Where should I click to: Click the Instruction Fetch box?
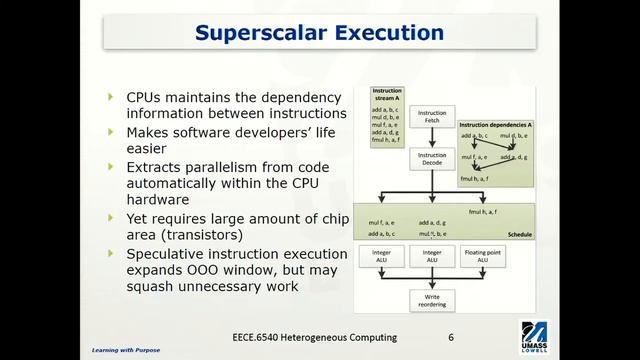click(431, 118)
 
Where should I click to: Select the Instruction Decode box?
click(431, 160)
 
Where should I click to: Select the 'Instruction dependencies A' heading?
click(492, 125)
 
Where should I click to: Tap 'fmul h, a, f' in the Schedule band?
click(488, 212)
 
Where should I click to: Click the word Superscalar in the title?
click(251, 34)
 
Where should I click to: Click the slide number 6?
click(452, 338)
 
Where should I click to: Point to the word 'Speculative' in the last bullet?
click(171, 253)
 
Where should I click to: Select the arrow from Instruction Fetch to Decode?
click(431, 138)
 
